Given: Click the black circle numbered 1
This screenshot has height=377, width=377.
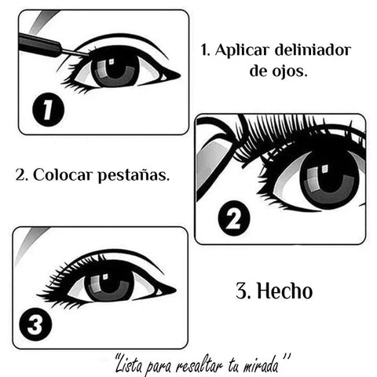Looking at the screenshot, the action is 48,109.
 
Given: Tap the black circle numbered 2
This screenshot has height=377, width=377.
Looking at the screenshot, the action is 234,218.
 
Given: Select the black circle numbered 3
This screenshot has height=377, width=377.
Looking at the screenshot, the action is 35,324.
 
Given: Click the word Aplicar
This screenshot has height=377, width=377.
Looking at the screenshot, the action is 242,50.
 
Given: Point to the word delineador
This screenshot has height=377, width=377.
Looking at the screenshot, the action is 313,49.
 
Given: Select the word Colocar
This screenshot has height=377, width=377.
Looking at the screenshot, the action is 63,174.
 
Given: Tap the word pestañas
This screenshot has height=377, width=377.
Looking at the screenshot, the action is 134,175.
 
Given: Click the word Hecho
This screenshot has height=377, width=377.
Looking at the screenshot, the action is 285,291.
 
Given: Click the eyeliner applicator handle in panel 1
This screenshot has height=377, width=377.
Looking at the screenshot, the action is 40,45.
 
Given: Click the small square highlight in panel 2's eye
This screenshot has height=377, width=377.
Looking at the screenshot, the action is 324,169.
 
